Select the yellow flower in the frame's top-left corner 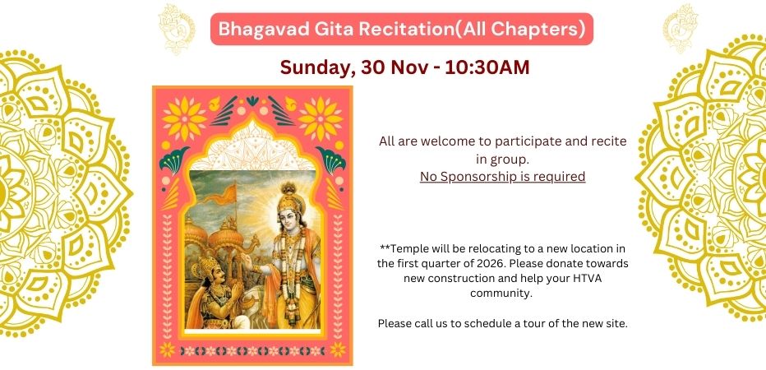pyautogui.click(x=185, y=118)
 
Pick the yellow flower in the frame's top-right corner pyautogui.click(x=321, y=118)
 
